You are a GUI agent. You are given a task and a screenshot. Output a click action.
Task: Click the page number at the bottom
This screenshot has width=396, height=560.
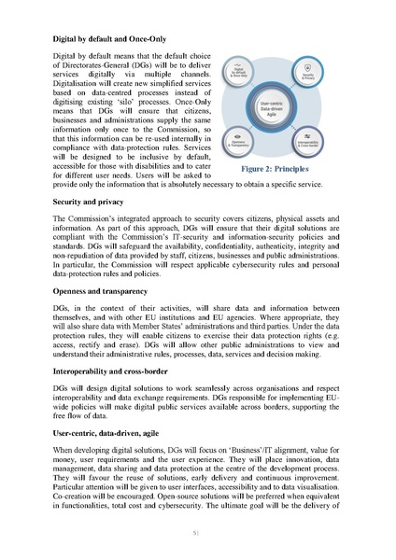tap(197, 533)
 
